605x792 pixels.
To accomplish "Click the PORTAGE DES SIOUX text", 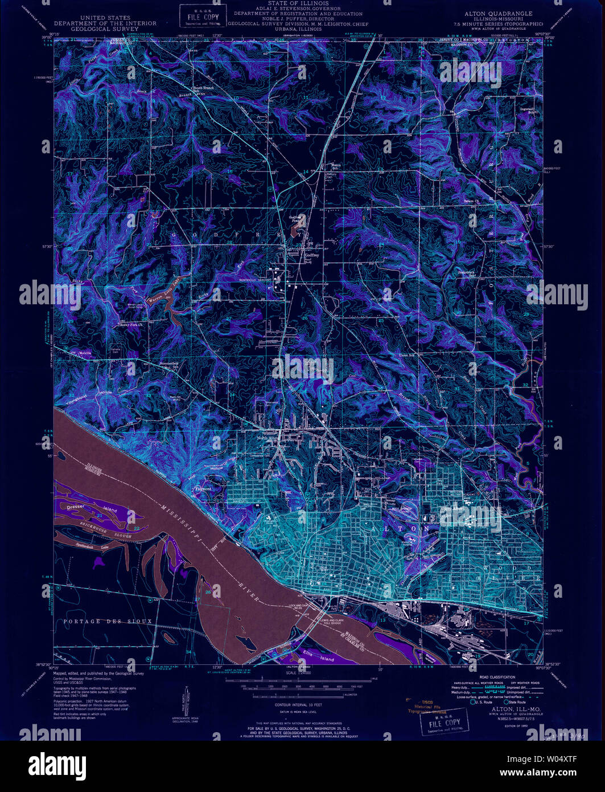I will (108, 621).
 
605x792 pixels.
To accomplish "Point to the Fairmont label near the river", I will (203, 488).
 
